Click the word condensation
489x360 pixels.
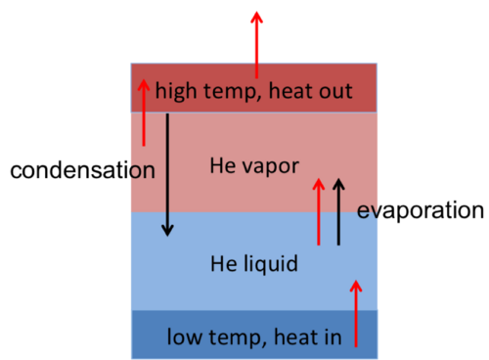82,170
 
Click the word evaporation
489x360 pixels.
421,210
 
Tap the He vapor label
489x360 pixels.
254,166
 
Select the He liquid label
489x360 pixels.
254,264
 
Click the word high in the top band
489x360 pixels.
176,91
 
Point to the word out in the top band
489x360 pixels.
335,91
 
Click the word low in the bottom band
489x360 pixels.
184,337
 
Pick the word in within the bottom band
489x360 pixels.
333,337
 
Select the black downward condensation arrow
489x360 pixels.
167,174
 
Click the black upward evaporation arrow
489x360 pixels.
338,211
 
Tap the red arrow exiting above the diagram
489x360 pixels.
256,45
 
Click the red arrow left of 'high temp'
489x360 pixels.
144,112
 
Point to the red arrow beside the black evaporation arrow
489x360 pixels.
319,211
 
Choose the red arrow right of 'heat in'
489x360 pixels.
356,313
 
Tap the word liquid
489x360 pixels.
271,264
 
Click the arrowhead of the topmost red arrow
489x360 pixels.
256,17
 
